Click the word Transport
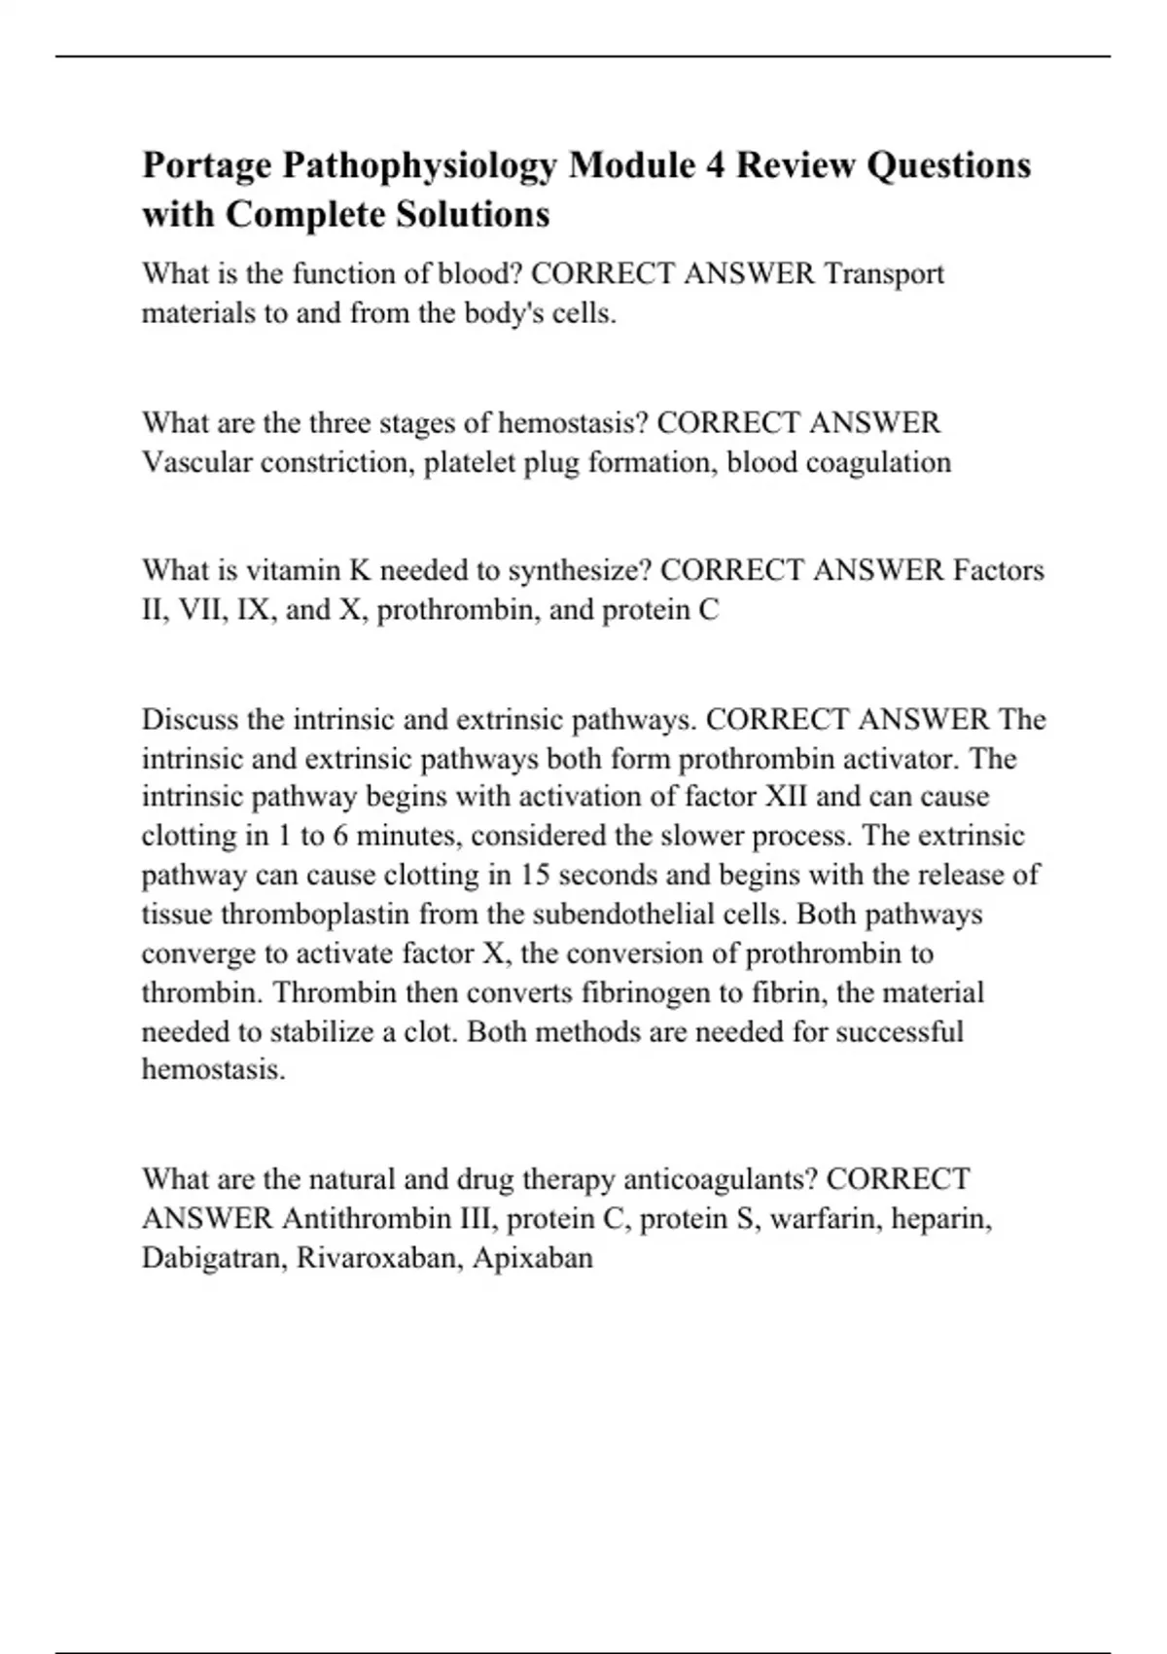[884, 274]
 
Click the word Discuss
[191, 720]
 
